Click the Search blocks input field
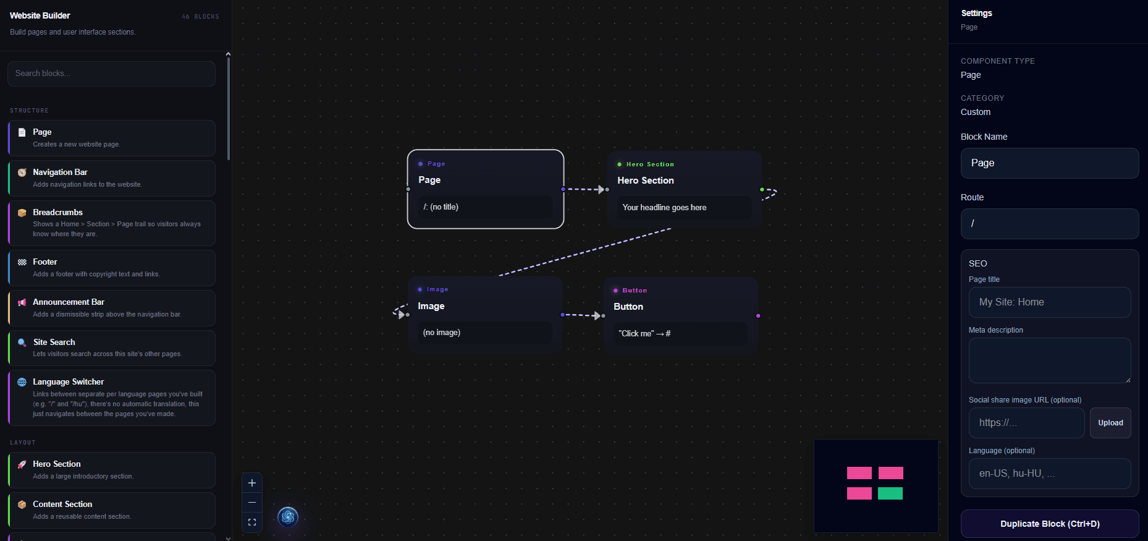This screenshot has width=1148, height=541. [111, 74]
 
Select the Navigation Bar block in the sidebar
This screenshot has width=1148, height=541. [112, 178]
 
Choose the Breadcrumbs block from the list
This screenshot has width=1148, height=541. [112, 223]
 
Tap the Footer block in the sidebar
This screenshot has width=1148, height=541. [112, 268]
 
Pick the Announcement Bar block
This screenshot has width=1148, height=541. [112, 308]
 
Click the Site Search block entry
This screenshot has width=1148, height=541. [112, 348]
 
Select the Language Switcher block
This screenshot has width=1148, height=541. [112, 398]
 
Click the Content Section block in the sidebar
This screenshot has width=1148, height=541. [112, 510]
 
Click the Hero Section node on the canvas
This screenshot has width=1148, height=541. [685, 189]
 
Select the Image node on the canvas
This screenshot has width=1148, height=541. [485, 315]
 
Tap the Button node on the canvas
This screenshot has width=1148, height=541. [681, 315]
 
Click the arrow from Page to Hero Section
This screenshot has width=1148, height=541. [585, 189]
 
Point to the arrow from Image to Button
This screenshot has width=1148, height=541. [582, 315]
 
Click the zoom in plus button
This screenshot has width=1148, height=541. [252, 483]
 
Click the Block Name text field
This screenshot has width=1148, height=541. [1050, 163]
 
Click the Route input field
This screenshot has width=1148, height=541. [1050, 224]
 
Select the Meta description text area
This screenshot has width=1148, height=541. [1050, 360]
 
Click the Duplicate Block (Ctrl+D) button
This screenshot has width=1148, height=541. [1050, 524]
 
